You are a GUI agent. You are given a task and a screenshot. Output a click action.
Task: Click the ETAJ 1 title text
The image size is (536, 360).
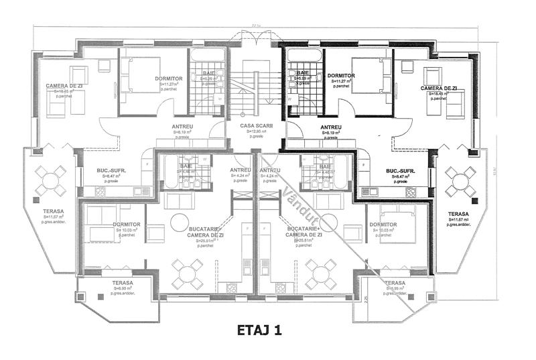tap(267, 330)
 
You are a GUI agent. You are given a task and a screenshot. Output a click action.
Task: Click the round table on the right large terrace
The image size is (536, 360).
tap(460, 180)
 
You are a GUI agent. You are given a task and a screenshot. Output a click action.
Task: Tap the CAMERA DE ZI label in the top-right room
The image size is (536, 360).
tap(439, 88)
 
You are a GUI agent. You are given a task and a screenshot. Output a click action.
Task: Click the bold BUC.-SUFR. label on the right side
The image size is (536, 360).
tap(402, 172)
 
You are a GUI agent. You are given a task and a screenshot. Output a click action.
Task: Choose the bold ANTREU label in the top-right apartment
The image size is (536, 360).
tap(331, 127)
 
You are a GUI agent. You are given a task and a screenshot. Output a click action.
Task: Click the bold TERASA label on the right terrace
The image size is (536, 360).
tap(459, 215)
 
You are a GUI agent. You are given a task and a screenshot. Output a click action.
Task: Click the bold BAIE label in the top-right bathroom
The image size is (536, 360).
tap(303, 72)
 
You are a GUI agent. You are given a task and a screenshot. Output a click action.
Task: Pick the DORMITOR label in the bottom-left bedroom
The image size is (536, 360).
tap(127, 224)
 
